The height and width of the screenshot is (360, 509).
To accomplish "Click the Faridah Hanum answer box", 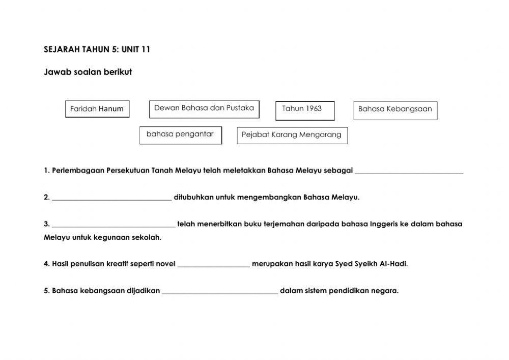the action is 97,109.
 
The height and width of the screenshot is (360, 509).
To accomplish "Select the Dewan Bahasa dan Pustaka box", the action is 204,108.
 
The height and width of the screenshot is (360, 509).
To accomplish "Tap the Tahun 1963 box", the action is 305,110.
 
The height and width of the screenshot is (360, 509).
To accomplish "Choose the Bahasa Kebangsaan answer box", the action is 395,110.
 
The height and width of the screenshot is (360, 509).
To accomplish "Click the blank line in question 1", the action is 409,172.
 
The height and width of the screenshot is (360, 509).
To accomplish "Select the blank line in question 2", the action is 111,198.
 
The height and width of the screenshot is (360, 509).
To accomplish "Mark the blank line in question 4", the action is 214,265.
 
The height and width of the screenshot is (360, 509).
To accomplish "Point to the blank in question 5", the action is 220,292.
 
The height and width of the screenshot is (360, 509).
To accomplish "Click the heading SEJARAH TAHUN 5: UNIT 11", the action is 97,49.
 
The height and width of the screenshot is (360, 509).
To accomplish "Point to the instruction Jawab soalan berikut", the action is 88,72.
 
